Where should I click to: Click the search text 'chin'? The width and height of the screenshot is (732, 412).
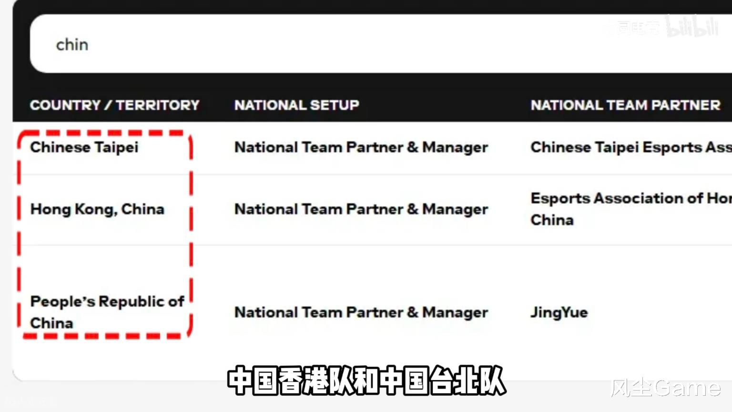72,45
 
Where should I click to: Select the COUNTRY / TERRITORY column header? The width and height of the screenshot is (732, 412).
114,105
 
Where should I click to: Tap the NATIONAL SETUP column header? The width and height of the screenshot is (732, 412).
296,105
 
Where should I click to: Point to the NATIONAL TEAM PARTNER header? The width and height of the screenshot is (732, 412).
625,105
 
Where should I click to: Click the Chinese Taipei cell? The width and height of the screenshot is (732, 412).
84,147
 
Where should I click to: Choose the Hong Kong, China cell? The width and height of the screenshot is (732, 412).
97,209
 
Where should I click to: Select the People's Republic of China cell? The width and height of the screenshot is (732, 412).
107,312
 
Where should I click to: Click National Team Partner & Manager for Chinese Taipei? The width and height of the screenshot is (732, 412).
361,147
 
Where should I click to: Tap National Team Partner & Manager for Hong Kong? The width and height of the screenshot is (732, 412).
361,209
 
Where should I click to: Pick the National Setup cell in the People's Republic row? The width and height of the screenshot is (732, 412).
361,312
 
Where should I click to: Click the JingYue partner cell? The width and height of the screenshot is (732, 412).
559,312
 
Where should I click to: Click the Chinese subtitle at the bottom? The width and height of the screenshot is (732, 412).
366,381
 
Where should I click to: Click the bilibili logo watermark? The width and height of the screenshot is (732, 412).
692,27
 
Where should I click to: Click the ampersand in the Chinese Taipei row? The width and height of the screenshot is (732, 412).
412,147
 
